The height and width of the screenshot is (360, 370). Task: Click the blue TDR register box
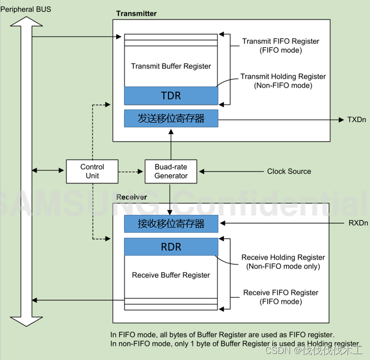click(171, 96)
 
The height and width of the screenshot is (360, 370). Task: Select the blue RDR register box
click(171, 247)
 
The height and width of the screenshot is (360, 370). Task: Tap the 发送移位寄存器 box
click(171, 119)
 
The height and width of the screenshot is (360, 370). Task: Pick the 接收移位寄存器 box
click(171, 224)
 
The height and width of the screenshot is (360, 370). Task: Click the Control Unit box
click(92, 171)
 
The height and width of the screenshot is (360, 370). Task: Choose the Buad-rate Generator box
click(171, 171)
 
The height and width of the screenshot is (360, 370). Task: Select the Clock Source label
click(289, 172)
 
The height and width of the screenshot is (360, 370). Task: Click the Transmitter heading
click(136, 13)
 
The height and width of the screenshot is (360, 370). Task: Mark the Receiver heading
click(132, 197)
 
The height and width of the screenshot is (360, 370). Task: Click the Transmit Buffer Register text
click(171, 66)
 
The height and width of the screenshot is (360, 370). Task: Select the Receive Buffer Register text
click(171, 275)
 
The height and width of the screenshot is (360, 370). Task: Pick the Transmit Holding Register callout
click(283, 81)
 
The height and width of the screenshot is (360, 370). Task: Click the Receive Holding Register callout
click(283, 262)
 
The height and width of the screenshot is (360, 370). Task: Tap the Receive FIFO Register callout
click(280, 297)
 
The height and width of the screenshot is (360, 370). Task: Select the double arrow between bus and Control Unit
click(49, 171)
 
